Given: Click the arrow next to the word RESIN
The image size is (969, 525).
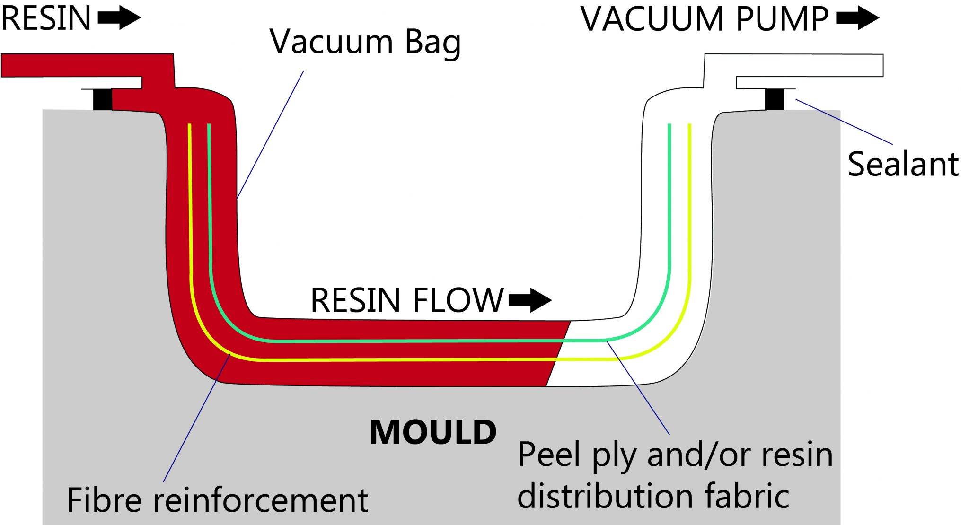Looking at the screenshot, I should (119, 18).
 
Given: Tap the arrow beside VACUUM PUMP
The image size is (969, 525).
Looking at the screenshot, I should (857, 18).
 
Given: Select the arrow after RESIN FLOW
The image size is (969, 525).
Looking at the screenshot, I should (530, 300).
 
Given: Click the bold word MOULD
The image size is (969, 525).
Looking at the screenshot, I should (433, 432).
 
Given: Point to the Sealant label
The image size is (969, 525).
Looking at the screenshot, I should (903, 164).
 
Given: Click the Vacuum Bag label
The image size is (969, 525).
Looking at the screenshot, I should (365, 43).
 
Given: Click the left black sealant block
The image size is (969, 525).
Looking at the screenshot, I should (102, 99).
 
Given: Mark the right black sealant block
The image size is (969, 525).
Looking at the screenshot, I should (775, 99).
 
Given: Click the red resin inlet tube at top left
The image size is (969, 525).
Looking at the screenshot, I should (85, 65).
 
